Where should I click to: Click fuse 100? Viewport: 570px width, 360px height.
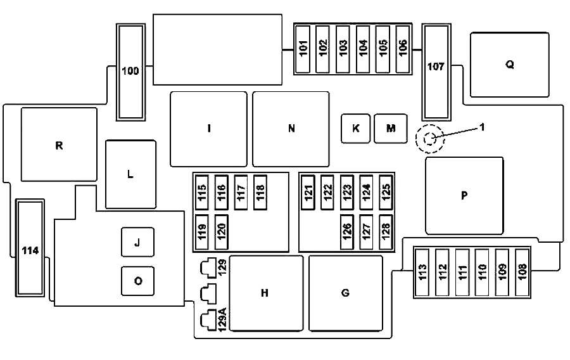pos(131,72)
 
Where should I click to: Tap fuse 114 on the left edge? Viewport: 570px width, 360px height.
pos(30,250)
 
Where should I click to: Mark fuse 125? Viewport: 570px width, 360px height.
pos(386,190)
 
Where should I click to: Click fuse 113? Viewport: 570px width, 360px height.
pos(423,271)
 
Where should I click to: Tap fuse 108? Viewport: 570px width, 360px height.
pos(522,271)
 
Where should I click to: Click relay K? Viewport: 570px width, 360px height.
pos(355,128)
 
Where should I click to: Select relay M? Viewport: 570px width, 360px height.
pos(391,128)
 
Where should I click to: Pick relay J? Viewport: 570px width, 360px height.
pos(137,242)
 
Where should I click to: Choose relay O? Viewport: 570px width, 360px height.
pos(137,281)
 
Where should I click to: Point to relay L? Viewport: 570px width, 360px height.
pos(130,174)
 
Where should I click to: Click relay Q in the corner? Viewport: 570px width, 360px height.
pos(509,65)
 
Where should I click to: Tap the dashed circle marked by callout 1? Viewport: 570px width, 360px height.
pos(430,139)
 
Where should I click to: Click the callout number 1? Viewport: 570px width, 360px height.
pos(482,126)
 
